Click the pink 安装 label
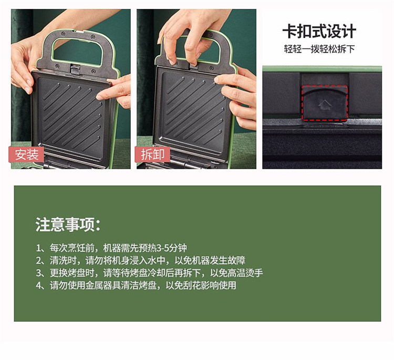click(26, 155)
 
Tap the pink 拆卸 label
click(152, 155)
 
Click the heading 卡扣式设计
click(319, 32)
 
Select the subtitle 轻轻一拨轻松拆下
click(319, 49)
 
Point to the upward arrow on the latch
click(325, 105)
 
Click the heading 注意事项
click(68, 224)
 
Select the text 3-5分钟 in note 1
click(171, 248)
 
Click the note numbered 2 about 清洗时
click(140, 261)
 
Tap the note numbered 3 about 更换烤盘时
click(149, 273)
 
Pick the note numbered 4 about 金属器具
click(136, 285)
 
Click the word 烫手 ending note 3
click(254, 273)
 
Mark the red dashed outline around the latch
click(325, 102)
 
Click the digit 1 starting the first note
click(38, 249)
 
